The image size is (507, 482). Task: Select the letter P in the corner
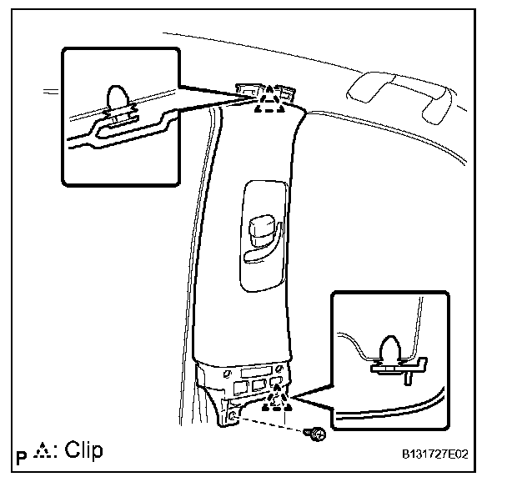coord(21,456)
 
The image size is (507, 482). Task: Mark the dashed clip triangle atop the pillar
coord(269,102)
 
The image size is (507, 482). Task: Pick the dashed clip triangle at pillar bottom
coord(277,404)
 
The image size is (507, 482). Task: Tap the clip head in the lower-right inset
coord(390,349)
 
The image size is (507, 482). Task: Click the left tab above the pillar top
coord(248,88)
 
